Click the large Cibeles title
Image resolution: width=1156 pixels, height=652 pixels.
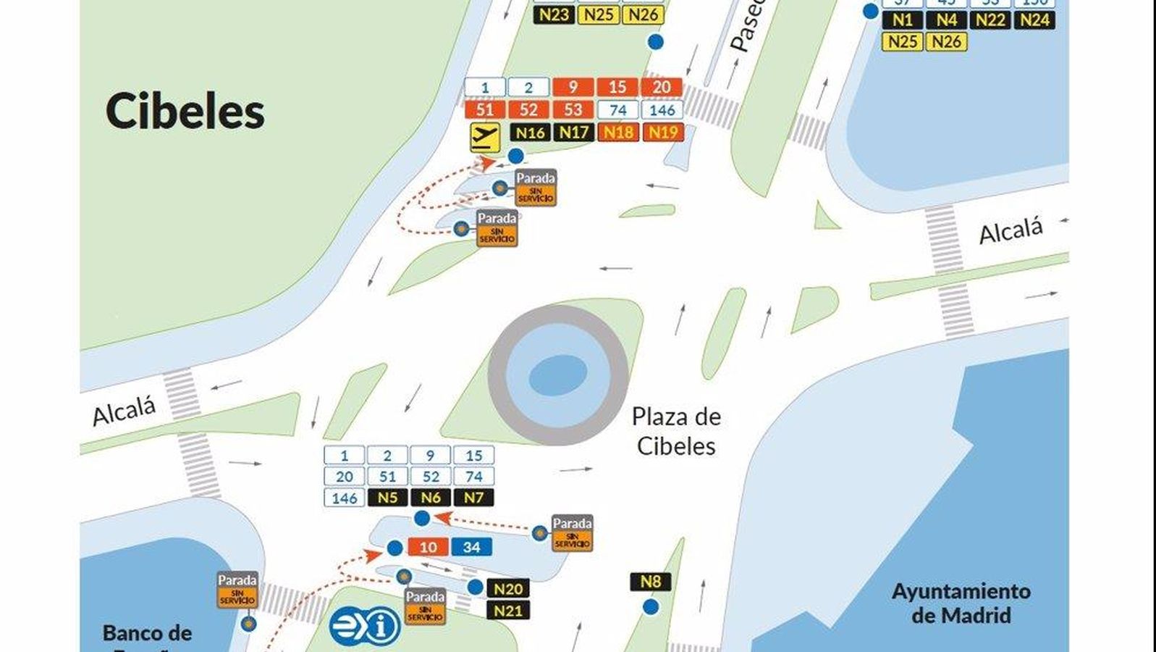[x=185, y=112]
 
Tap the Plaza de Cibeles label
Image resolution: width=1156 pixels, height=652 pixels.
[x=675, y=431]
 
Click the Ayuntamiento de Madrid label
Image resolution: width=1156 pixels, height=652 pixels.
[x=961, y=603]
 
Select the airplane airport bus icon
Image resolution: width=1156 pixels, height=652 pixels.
[x=484, y=136]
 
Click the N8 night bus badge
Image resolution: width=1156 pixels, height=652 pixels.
[x=650, y=582]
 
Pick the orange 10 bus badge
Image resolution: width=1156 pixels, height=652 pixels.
[x=429, y=547]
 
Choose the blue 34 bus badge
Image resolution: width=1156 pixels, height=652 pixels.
[x=471, y=547]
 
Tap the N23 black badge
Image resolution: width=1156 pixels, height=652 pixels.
[x=554, y=14]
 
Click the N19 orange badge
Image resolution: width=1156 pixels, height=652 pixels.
[x=662, y=132]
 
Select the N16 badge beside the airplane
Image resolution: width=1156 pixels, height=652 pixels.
[x=529, y=132]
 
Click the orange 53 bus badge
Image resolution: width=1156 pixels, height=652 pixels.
[x=573, y=109]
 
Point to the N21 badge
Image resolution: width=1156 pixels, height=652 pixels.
[x=507, y=611]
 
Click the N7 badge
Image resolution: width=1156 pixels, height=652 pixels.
[x=473, y=498]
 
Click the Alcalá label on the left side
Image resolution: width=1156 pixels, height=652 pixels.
[x=125, y=411]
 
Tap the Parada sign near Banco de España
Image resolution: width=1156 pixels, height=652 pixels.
[x=237, y=590]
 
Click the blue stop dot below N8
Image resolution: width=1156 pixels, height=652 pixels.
[x=651, y=606]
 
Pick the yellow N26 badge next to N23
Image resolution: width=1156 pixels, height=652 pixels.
[x=643, y=14]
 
